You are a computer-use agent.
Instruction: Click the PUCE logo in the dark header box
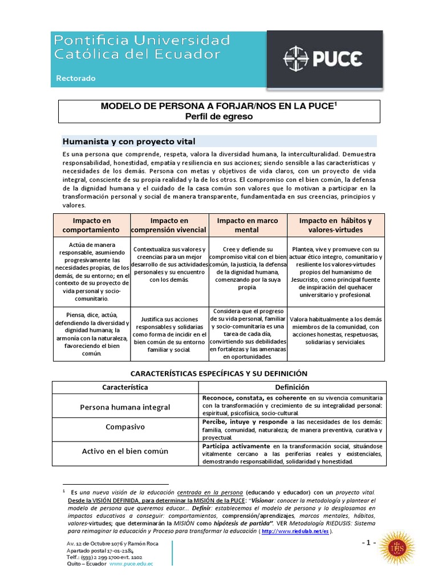(323, 58)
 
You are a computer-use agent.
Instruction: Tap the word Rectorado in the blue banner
(75, 78)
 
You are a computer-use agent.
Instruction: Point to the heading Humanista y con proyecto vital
(128, 141)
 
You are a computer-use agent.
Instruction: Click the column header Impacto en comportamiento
(91, 225)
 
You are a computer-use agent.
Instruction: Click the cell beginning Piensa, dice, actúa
(91, 333)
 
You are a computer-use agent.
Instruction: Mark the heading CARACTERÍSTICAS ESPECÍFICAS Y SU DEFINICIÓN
(219, 373)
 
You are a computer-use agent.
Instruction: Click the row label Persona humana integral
(125, 407)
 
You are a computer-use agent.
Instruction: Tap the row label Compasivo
(125, 427)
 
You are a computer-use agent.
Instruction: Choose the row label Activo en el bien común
(125, 451)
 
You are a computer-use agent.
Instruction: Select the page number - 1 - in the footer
(368, 542)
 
